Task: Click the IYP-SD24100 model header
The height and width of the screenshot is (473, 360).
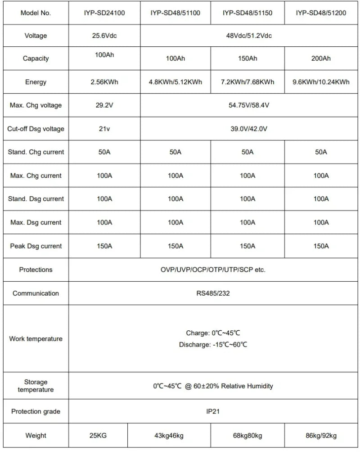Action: [x=104, y=13]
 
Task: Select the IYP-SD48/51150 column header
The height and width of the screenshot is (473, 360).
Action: [x=247, y=13]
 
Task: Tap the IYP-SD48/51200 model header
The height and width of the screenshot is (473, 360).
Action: [x=321, y=13]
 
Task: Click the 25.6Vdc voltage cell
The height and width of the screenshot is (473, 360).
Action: [x=104, y=36]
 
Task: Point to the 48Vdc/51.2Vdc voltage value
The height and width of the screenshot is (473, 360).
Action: [x=249, y=36]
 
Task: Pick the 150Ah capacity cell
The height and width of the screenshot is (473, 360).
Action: [x=247, y=59]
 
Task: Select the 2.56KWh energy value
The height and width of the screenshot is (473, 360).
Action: [x=104, y=82]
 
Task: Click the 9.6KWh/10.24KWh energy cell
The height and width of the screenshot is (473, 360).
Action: [x=321, y=82]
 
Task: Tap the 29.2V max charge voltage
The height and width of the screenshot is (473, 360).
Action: [x=104, y=105]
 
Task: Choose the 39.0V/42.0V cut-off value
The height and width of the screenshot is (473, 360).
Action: [x=249, y=129]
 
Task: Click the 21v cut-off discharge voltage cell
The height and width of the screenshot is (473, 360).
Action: [x=104, y=129]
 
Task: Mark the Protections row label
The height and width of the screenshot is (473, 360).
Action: [x=36, y=270]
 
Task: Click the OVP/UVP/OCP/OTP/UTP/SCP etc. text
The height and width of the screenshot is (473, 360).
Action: [x=213, y=270]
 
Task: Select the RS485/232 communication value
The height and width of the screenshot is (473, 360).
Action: [x=213, y=293]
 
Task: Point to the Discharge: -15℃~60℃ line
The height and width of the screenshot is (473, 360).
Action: [x=213, y=345]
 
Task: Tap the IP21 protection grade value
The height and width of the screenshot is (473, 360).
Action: [x=213, y=411]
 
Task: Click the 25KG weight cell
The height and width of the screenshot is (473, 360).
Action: [x=98, y=435]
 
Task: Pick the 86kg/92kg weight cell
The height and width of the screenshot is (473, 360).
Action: [x=321, y=435]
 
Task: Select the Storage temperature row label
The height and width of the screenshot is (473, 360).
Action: [x=36, y=386]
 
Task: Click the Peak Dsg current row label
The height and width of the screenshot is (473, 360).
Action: [x=36, y=246]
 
